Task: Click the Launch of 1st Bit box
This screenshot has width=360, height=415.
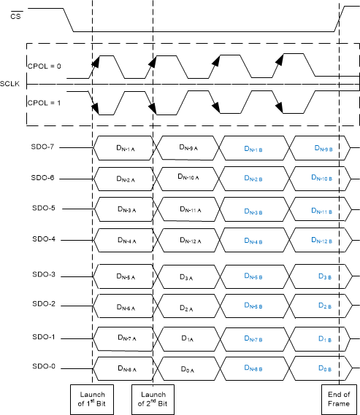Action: click(92, 399)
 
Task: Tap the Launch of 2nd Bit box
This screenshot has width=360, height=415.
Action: click(153, 399)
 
